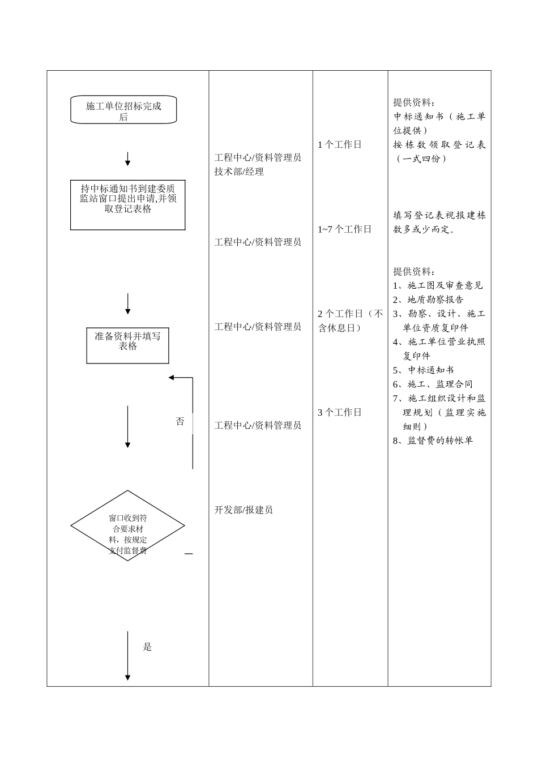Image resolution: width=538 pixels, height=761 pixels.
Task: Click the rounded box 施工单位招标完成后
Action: (123, 110)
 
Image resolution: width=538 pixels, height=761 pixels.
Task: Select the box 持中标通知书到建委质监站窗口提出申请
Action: (127, 204)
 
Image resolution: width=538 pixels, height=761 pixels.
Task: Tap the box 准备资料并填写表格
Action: (127, 345)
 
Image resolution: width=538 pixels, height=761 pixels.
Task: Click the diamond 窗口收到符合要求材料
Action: (127, 526)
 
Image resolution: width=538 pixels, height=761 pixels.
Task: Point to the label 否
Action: (180, 421)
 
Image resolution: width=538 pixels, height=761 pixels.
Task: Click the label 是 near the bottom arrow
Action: (147, 647)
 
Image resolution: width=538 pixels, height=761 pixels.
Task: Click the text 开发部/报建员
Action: (244, 510)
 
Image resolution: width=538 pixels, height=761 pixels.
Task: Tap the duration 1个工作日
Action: (340, 144)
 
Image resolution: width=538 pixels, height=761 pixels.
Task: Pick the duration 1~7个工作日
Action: (345, 229)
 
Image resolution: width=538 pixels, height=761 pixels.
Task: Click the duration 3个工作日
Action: (340, 412)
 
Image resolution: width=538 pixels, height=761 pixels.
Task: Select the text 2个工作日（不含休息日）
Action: (350, 320)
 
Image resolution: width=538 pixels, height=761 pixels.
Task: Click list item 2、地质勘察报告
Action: (429, 300)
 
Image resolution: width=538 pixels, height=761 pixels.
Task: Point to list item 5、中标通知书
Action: (424, 370)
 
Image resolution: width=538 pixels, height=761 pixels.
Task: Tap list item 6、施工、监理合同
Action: (433, 384)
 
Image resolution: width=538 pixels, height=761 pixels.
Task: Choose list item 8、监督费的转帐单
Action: (433, 440)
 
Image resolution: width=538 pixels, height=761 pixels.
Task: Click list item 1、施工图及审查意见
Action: (438, 285)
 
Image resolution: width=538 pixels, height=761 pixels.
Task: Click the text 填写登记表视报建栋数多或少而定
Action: (439, 223)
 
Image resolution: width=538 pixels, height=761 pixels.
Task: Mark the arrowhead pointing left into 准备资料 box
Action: (172, 378)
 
